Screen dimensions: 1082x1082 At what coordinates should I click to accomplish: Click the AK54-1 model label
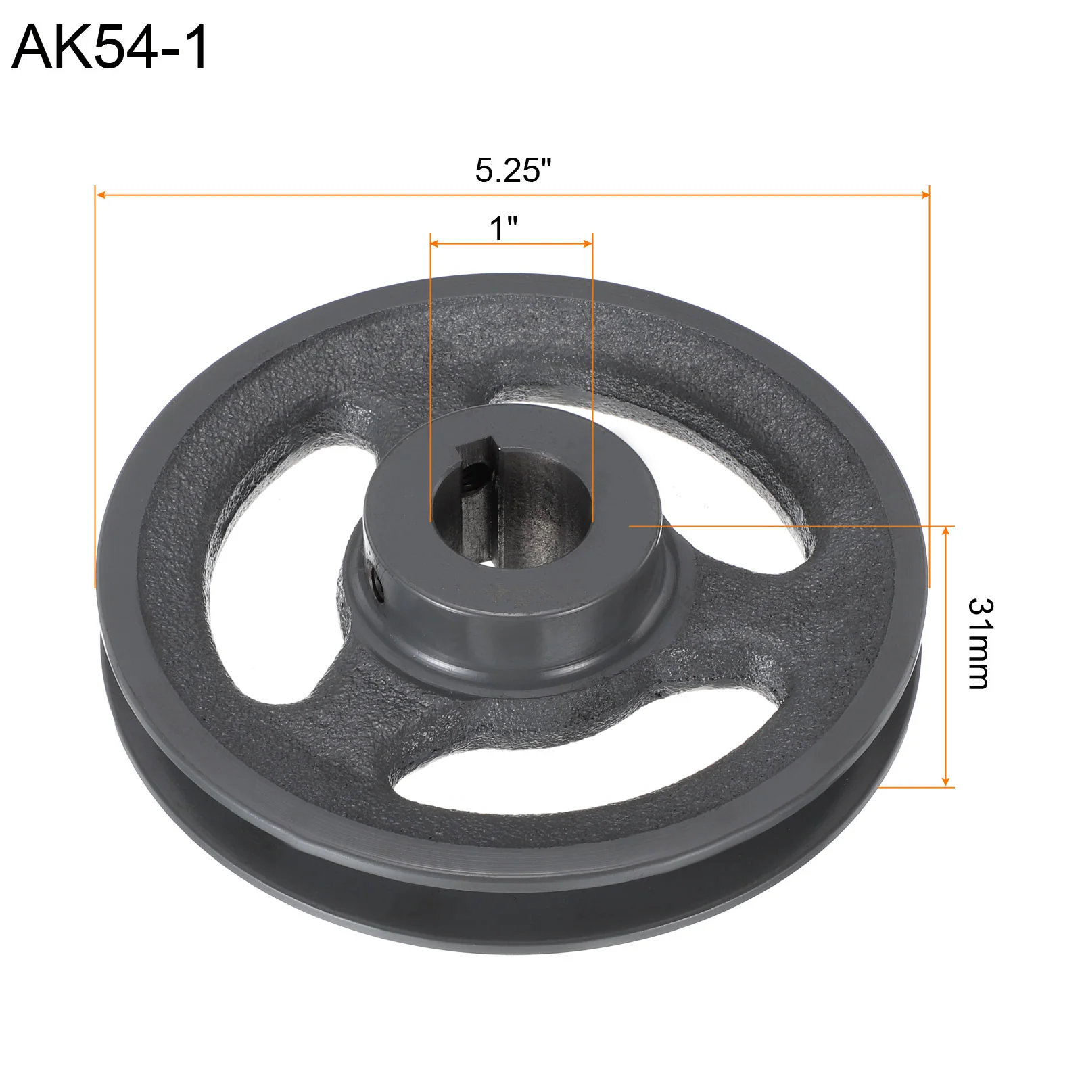tap(110, 47)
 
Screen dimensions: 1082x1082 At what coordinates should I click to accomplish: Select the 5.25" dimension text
tap(513, 170)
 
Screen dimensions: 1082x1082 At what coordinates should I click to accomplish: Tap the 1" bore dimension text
tap(504, 228)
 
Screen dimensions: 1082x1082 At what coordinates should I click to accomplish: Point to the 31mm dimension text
tap(979, 643)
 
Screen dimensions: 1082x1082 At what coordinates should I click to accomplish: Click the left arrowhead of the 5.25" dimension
tap(101, 195)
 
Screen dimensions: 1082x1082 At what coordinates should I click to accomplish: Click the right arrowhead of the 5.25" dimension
tap(924, 195)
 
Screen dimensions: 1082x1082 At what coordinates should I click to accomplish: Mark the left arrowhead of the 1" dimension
tap(436, 243)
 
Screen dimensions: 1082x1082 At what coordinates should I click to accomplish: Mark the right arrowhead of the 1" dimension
tap(588, 243)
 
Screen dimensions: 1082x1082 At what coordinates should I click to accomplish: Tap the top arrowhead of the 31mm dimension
tap(945, 532)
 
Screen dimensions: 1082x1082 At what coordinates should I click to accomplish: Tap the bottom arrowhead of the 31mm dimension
tap(945, 781)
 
